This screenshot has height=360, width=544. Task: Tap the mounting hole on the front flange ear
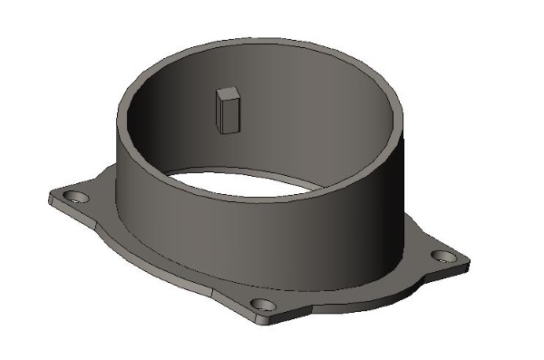[261, 303]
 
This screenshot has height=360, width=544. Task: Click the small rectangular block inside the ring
[228, 111]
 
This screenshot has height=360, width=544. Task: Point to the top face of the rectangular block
[228, 92]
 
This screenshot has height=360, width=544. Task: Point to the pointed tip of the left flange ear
[49, 195]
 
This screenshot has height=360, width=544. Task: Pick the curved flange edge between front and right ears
[363, 296]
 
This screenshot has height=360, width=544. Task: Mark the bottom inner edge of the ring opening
[245, 195]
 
